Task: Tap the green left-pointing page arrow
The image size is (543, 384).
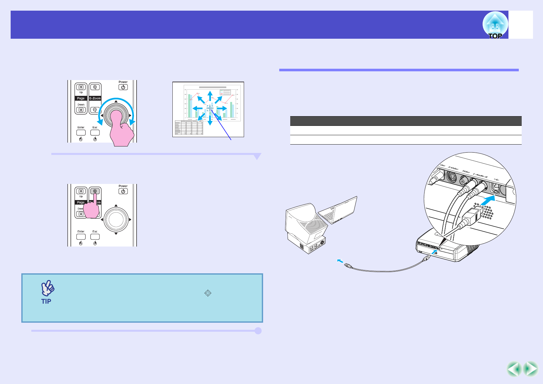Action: coord(514,369)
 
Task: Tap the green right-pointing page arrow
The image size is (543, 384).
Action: coord(530,369)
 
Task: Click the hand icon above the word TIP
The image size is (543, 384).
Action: coord(47,288)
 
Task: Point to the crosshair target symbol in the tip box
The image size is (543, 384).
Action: coord(208,293)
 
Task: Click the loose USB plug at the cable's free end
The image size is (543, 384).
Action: coord(348,266)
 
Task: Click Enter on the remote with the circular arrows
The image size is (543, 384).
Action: coord(81,132)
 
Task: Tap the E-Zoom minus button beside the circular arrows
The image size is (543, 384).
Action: coord(95,110)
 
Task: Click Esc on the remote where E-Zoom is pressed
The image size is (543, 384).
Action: coord(95,237)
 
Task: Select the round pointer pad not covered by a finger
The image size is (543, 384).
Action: coord(116,219)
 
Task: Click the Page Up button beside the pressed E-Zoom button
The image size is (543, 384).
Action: coord(81,191)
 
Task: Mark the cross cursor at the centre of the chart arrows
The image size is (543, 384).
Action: coord(210,108)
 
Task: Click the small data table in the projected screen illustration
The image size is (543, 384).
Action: coord(189,127)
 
